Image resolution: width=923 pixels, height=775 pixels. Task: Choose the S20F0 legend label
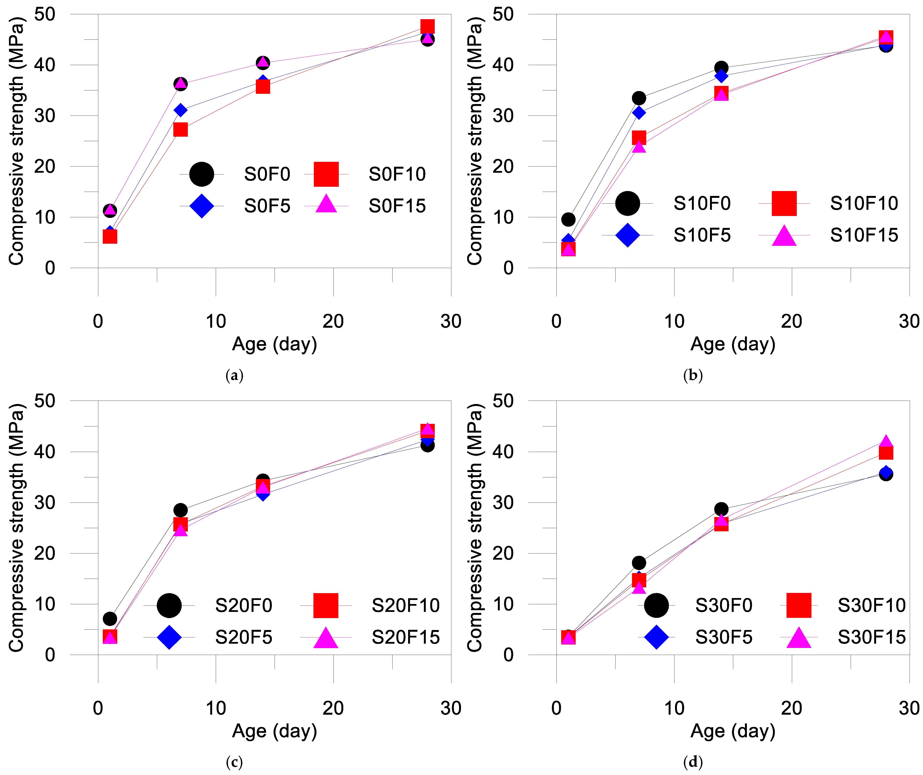[x=243, y=605]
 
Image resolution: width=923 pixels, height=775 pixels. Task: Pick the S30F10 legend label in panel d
[x=871, y=605]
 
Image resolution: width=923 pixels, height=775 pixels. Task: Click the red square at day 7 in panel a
[x=180, y=130]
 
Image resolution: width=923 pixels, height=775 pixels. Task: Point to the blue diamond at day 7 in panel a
[x=180, y=110]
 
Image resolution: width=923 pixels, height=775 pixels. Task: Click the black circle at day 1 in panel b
[x=568, y=219]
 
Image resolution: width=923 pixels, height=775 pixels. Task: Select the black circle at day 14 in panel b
[x=721, y=68]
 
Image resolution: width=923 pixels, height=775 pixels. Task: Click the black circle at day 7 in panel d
[x=639, y=563]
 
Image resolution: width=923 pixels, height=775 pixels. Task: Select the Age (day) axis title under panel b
[x=733, y=344]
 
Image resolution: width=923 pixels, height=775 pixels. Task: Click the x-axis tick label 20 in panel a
[x=333, y=321]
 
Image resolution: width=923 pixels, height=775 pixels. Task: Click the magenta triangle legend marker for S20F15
[x=326, y=637]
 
